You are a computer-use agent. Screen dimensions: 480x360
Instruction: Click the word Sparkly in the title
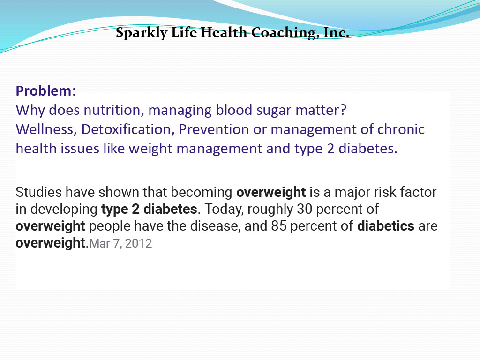(x=142, y=33)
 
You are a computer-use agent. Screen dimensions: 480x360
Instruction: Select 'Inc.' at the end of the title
(x=336, y=32)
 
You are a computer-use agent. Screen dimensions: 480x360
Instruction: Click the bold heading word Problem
(x=44, y=91)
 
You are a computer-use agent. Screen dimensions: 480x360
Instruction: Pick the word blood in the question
(x=234, y=110)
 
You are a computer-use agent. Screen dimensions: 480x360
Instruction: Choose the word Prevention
(x=214, y=129)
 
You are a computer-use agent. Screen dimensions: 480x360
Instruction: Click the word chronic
(x=401, y=129)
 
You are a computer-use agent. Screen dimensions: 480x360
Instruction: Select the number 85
(x=278, y=226)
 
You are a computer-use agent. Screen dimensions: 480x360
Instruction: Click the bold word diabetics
(x=386, y=226)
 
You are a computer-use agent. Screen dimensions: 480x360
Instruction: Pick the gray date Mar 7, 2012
(x=120, y=243)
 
